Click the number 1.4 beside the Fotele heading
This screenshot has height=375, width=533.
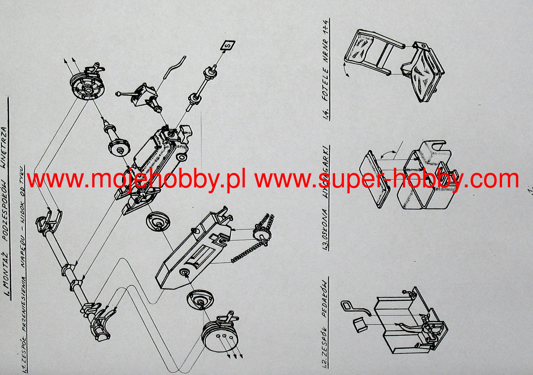pyautogui.click(x=325, y=114)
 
